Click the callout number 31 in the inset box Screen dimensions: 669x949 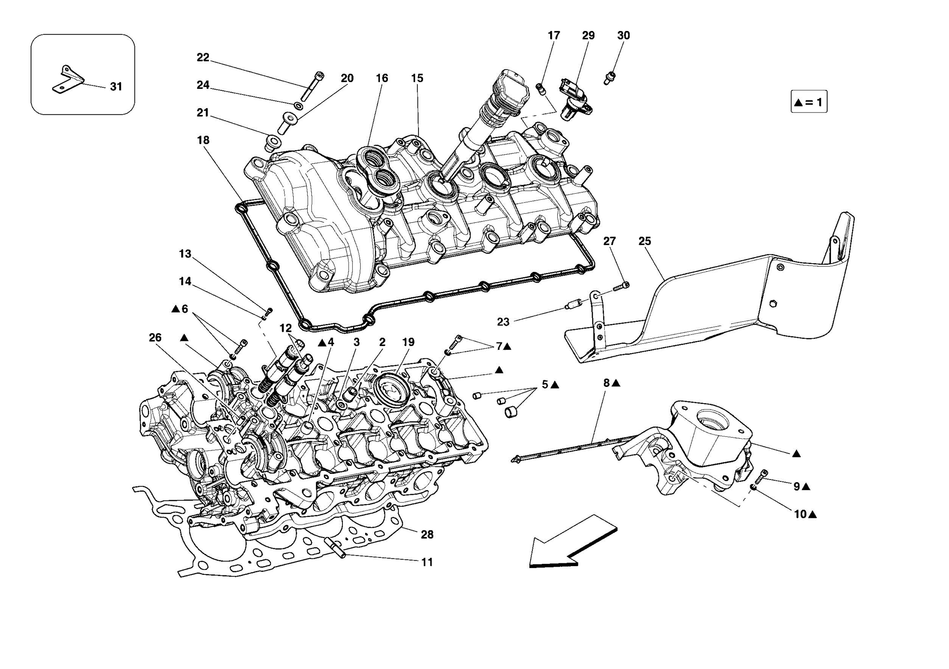coord(116,87)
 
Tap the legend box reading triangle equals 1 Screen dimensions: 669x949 coord(809,102)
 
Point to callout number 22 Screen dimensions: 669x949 coord(203,57)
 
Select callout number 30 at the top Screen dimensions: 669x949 coord(623,36)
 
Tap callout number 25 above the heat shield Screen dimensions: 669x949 coord(645,241)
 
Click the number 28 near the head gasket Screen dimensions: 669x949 coord(427,535)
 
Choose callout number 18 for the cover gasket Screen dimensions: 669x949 coord(203,140)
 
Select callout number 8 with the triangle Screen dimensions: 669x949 coord(607,383)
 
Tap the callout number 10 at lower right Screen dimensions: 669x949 coord(801,514)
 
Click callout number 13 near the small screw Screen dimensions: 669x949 coord(185,254)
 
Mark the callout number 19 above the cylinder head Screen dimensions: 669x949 coord(408,342)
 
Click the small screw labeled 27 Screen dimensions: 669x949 coord(620,287)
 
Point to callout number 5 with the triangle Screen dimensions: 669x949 coord(545,385)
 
